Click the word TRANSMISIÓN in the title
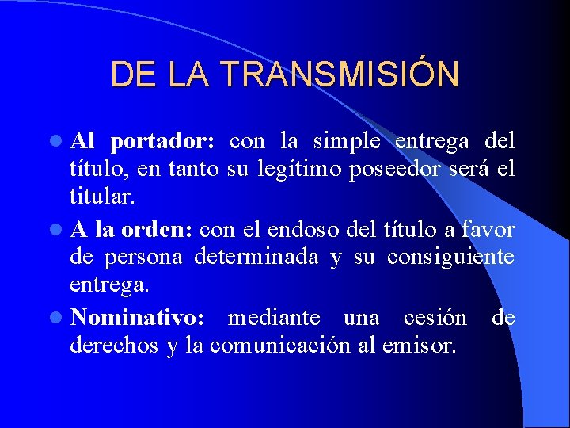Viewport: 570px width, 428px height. (x=340, y=75)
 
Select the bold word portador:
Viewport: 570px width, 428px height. (x=162, y=143)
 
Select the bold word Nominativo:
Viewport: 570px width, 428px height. (x=137, y=318)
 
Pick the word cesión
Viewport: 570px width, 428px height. (x=435, y=318)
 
